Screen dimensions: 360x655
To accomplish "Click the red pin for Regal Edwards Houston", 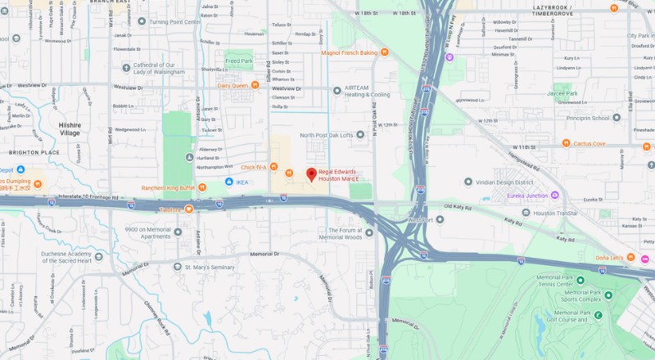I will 311,173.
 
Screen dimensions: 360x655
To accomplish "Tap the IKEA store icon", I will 230,182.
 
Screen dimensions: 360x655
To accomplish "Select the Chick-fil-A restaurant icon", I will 289,172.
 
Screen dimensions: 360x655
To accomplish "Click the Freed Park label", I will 239,61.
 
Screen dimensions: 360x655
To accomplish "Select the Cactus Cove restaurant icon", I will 566,144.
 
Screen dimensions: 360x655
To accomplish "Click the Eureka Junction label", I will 526,195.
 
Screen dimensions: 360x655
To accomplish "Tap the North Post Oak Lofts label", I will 326,135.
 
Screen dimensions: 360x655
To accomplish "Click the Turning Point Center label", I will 174,22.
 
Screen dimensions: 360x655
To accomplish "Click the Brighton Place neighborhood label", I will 34,152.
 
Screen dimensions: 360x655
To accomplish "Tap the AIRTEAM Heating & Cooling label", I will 368,91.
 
